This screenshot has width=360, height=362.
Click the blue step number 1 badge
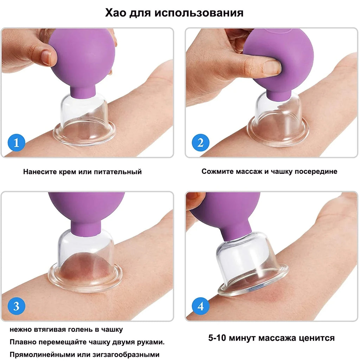click(x=17, y=144)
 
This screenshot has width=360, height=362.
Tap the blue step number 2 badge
click(x=200, y=143)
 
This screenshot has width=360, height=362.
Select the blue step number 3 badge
click(x=16, y=306)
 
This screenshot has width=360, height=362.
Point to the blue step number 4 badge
click(x=200, y=306)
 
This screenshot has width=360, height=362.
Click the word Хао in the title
click(x=116, y=13)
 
